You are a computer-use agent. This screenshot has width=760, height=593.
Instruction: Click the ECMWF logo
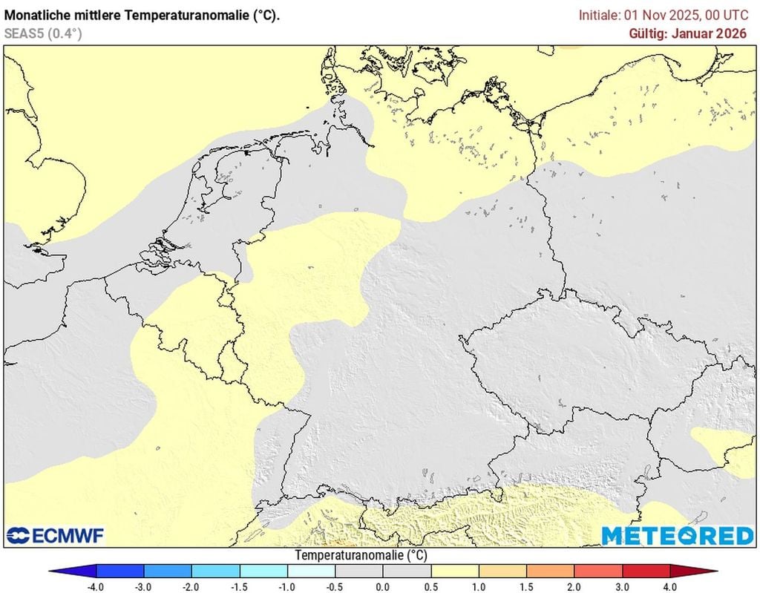point(55,535)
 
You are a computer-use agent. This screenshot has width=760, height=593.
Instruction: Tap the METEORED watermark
point(677,536)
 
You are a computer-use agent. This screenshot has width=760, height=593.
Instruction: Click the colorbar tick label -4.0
point(96,586)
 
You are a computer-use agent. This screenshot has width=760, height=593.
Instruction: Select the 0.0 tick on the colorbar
point(383,586)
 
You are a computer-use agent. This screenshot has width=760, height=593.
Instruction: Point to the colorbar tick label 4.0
point(670,586)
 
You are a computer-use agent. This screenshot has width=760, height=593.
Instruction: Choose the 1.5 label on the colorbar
point(526,586)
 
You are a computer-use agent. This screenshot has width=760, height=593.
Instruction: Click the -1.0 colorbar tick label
point(287,586)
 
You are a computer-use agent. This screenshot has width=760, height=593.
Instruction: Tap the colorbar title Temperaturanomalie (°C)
point(361,555)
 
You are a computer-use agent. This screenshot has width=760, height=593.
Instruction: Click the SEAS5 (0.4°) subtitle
point(43,33)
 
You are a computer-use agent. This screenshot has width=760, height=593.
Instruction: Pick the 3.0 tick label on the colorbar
point(622,586)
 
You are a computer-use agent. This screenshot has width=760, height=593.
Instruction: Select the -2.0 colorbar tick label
point(191,586)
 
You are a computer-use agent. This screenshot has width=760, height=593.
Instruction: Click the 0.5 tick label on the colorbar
point(430,586)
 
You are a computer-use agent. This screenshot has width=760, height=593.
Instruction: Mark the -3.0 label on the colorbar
point(144,586)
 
